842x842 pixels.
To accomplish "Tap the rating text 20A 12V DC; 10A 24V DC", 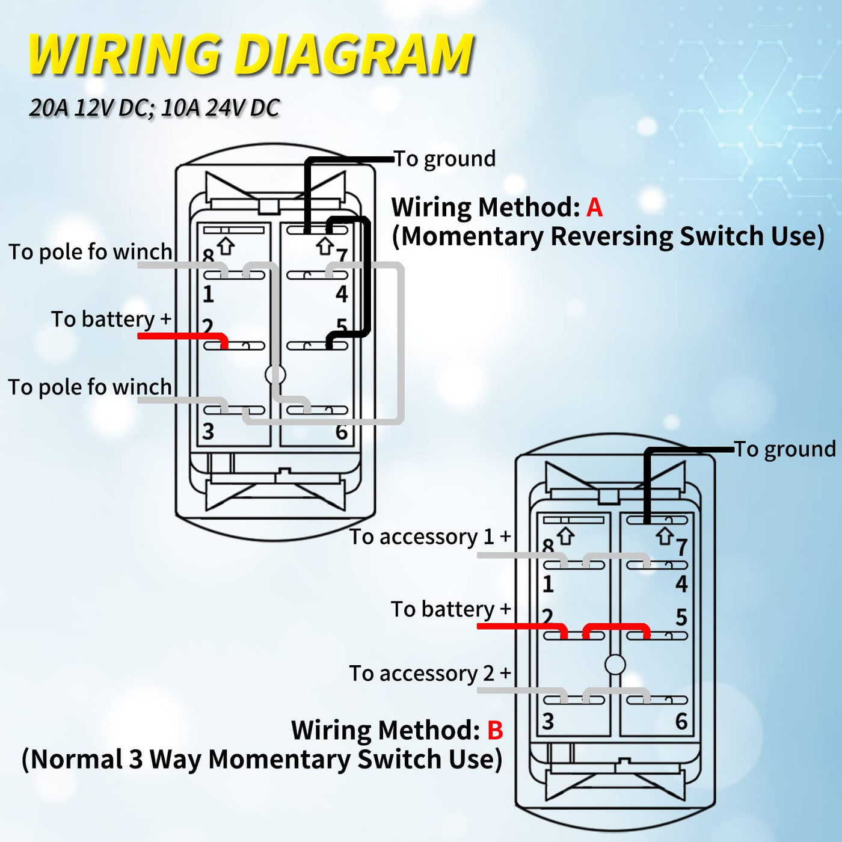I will click(x=155, y=108).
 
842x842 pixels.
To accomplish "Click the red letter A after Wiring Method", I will click(x=594, y=207).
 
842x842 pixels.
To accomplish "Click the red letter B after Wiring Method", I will click(x=495, y=730).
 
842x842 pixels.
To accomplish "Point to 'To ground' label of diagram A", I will click(x=445, y=159).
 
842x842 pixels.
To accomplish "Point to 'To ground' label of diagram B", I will click(x=785, y=449).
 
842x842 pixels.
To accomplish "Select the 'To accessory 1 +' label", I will click(x=430, y=536).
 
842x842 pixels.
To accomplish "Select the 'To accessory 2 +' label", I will click(x=430, y=673).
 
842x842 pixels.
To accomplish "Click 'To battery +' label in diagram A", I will click(x=111, y=319).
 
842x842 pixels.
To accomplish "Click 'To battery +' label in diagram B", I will click(x=450, y=609).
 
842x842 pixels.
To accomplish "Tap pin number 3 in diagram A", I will click(x=208, y=431).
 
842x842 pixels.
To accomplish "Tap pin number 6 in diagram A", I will click(x=342, y=432).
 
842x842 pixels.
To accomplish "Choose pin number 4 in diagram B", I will click(x=681, y=583).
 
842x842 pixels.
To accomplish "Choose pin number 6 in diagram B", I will click(x=681, y=721).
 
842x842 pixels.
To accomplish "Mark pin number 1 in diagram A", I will click(x=208, y=294).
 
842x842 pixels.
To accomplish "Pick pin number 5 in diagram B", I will click(x=681, y=617).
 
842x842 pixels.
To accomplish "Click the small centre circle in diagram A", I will click(x=275, y=375).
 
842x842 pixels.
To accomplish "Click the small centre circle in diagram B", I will click(x=615, y=665).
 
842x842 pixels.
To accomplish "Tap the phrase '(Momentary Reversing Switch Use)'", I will click(x=607, y=236).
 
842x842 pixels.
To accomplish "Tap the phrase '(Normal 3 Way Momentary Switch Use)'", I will click(x=262, y=759).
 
